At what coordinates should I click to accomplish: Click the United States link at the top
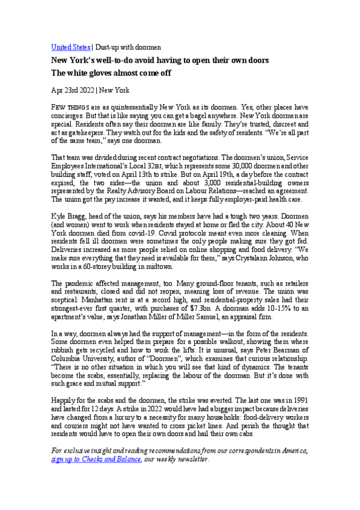tap(70, 47)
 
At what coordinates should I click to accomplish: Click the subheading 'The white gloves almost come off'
tap(111, 73)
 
